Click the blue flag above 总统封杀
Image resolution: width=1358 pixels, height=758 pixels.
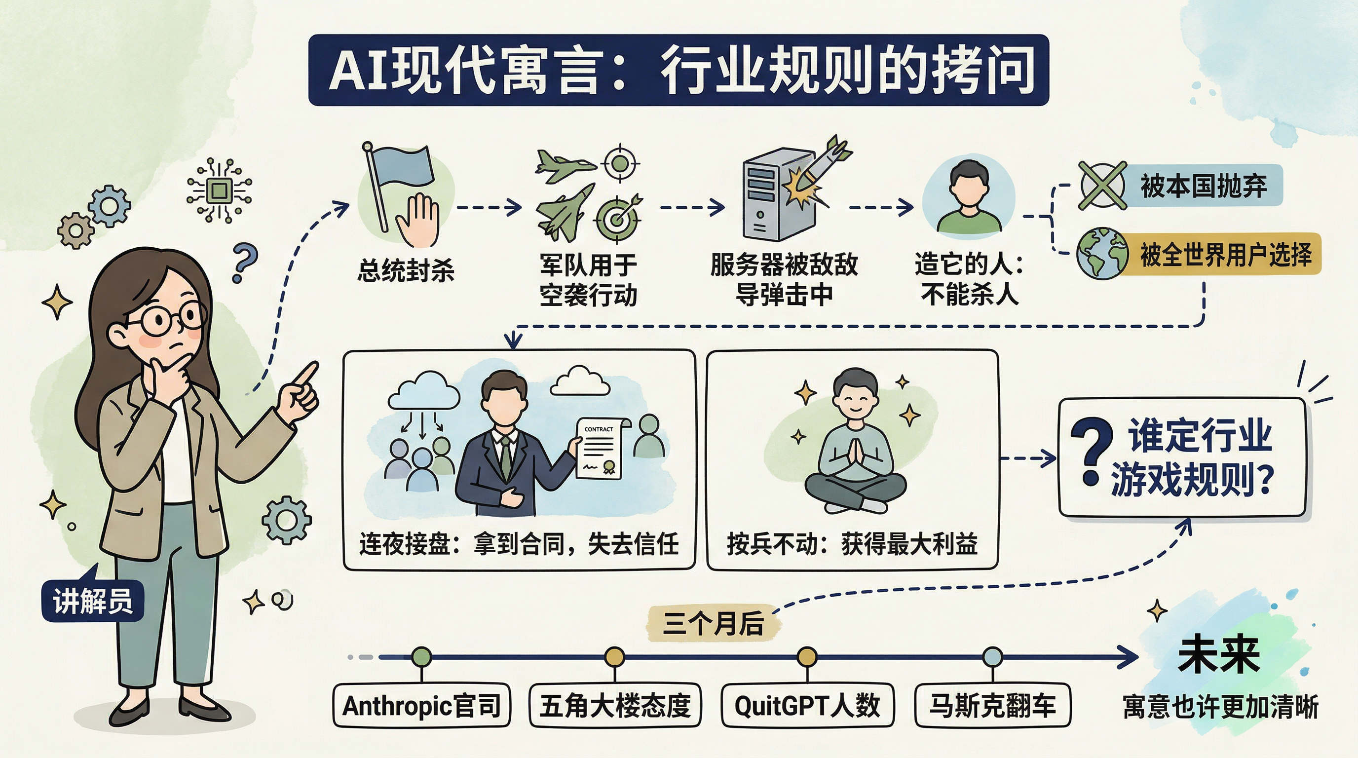[403, 165]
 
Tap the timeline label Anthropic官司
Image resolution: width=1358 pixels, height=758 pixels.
[422, 705]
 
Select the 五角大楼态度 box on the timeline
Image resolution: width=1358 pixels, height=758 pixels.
[615, 705]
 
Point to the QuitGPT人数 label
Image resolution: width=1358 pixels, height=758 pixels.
[807, 705]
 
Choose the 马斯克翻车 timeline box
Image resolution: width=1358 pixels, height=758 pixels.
[993, 705]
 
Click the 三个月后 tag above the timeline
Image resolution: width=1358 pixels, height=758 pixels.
[713, 624]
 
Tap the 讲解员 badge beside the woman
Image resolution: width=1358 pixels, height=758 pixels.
[92, 601]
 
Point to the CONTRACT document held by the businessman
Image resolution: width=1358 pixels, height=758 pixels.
[602, 448]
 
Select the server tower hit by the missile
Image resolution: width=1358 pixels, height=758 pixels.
[778, 195]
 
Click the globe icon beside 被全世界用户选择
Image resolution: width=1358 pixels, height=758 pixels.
[1102, 254]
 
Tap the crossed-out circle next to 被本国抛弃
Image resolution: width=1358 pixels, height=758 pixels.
[1102, 185]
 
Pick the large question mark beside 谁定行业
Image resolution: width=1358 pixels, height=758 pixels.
[1091, 451]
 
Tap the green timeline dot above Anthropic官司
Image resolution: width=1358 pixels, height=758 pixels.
[421, 657]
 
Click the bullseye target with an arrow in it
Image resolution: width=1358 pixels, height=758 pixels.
[618, 217]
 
